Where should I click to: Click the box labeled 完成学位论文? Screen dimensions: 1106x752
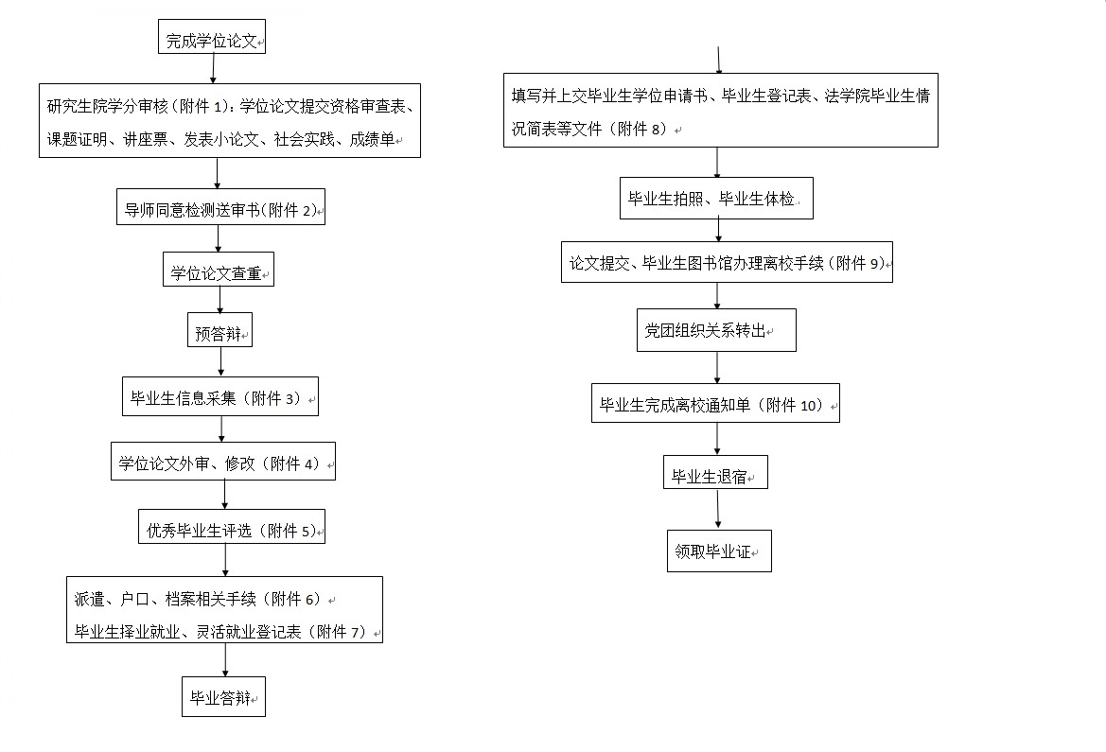[x=212, y=37]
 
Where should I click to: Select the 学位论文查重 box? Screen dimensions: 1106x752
[x=218, y=270]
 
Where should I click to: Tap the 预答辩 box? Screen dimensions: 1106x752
[x=220, y=330]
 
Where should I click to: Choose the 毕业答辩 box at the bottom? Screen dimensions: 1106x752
[x=223, y=697]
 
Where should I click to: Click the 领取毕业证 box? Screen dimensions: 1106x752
[x=719, y=551]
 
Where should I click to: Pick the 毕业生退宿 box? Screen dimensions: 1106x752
[x=715, y=473]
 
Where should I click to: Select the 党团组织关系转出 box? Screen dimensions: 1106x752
[x=716, y=330]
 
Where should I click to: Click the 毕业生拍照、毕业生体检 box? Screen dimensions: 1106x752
[x=716, y=199]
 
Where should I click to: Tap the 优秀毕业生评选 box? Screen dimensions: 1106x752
[x=232, y=526]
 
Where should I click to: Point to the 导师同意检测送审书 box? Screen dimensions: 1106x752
[x=220, y=207]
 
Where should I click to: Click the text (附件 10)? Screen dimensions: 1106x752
[x=790, y=405]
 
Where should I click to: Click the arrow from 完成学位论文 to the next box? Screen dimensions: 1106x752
[x=213, y=68]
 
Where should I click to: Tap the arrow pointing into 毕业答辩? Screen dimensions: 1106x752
[x=226, y=660]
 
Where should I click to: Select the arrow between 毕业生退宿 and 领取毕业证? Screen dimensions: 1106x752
[x=718, y=509]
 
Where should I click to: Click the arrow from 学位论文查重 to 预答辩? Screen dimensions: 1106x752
[x=220, y=300]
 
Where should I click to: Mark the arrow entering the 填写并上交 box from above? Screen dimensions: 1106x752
[x=719, y=60]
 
